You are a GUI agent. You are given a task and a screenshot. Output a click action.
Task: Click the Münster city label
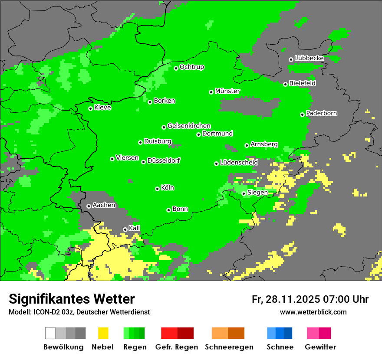pyautogui.click(x=227, y=91)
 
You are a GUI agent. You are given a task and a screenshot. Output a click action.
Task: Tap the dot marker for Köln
pyautogui.click(x=157, y=189)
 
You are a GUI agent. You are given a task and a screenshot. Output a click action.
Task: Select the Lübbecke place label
pyautogui.click(x=309, y=58)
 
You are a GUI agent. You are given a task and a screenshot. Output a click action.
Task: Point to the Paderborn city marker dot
pyautogui.click(x=302, y=115)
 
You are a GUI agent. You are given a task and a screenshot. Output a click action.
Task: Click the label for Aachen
pyautogui.click(x=104, y=205)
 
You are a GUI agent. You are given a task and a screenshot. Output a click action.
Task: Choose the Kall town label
pyautogui.click(x=135, y=228)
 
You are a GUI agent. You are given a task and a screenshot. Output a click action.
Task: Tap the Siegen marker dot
pyautogui.click(x=244, y=193)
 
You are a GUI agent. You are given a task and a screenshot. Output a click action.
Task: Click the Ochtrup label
pyautogui.click(x=192, y=67)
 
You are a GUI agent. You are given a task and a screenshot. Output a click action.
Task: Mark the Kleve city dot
pyautogui.click(x=90, y=108)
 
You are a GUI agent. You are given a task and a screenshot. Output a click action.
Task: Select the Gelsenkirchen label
pyautogui.click(x=189, y=126)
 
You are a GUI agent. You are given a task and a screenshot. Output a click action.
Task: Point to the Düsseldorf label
pyautogui.click(x=164, y=160)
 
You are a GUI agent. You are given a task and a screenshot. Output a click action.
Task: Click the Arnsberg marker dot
pyautogui.click(x=247, y=145)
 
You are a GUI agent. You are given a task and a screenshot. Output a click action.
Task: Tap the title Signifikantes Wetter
pyautogui.click(x=72, y=299)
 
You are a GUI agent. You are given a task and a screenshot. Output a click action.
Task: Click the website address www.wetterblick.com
pyautogui.click(x=313, y=312)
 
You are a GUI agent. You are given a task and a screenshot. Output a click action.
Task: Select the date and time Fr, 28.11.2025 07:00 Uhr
pyautogui.click(x=310, y=299)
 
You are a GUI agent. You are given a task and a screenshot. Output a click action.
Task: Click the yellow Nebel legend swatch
pyautogui.click(x=103, y=333)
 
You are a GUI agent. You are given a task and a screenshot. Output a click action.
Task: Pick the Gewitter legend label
pyautogui.click(x=320, y=347)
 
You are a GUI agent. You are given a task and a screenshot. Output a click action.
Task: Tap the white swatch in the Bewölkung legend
pyautogui.click(x=50, y=333)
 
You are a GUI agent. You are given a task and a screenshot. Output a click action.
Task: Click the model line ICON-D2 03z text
pyautogui.click(x=79, y=312)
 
